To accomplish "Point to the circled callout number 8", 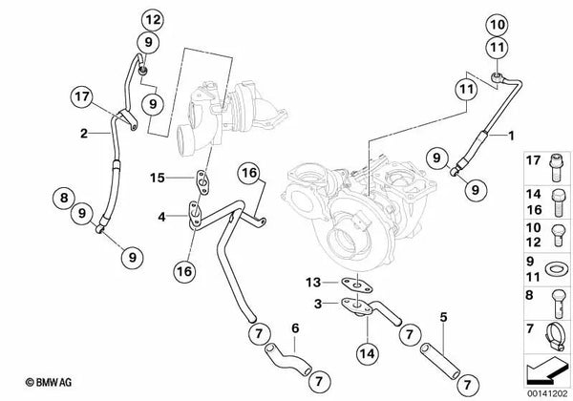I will (x=63, y=200).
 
